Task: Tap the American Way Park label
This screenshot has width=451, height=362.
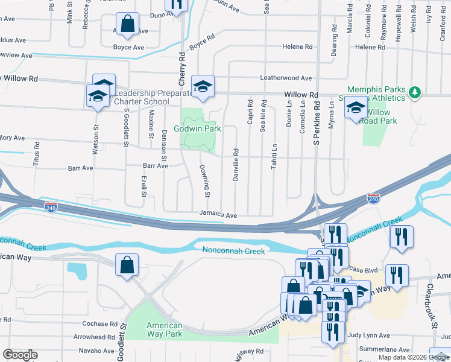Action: point(164,329)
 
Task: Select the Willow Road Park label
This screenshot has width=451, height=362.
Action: point(378,116)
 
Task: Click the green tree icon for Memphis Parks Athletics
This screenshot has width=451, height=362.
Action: point(414,92)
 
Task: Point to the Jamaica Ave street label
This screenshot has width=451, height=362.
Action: point(218,214)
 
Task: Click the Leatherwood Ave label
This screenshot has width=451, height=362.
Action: point(285,78)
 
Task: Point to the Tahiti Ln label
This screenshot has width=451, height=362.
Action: point(274,156)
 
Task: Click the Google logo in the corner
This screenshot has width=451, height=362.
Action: point(20,355)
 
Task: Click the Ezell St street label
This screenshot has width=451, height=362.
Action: point(144,186)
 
